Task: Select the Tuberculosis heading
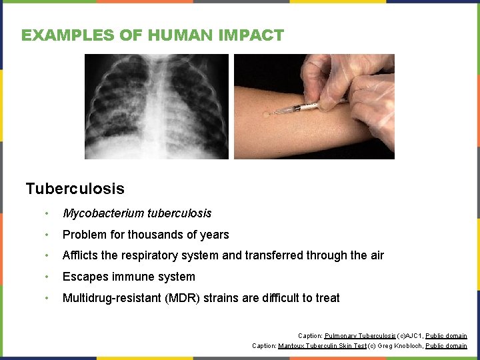[x=75, y=189]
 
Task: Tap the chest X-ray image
[x=156, y=107]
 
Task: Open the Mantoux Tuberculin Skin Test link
[x=322, y=346]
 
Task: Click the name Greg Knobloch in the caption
[x=401, y=346]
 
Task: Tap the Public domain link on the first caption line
[x=446, y=336]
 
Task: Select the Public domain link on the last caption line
[x=446, y=346]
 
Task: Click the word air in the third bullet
[x=375, y=255]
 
